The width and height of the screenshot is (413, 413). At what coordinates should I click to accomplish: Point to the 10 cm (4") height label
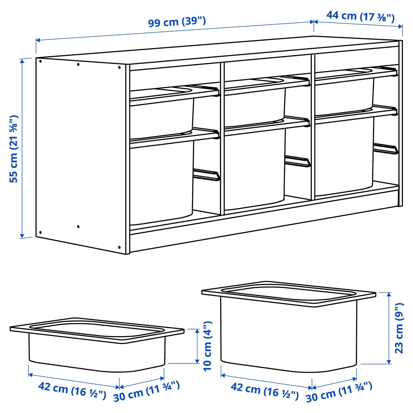[208, 346]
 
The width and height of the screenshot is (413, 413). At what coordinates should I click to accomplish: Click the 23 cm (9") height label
[399, 328]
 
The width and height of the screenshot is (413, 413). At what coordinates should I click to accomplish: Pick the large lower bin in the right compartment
[344, 156]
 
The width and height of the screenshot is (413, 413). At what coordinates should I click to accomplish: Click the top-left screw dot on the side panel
[40, 61]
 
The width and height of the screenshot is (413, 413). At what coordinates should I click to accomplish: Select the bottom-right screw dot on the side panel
[119, 247]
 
